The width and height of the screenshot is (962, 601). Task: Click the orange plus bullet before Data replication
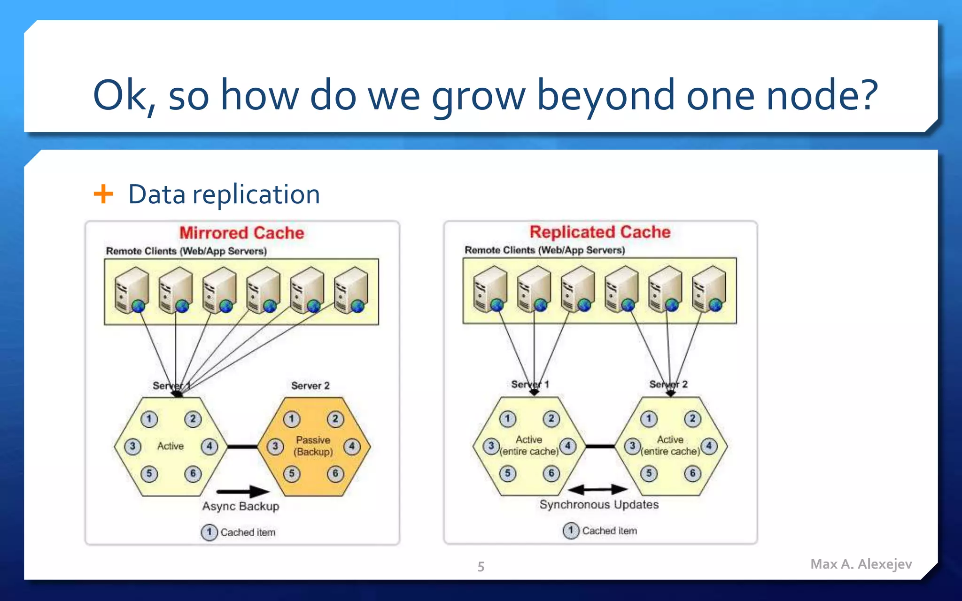[103, 194]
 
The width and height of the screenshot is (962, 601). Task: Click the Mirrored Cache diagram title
[241, 233]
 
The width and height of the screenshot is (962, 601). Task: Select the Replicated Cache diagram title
[600, 232]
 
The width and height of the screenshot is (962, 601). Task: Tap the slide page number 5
[481, 566]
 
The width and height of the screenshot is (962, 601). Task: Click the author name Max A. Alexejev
[861, 564]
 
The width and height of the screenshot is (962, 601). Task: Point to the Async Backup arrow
[243, 492]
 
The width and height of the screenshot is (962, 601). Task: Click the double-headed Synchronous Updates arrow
[598, 490]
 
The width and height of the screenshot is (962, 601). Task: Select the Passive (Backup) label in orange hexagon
[313, 446]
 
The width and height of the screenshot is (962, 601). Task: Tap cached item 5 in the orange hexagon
[292, 473]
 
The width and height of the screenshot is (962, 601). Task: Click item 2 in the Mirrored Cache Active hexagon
[193, 419]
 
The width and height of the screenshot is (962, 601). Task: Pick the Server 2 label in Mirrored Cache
[310, 385]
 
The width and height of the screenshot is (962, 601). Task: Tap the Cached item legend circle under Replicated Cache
[571, 531]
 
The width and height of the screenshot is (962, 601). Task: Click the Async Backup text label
[240, 506]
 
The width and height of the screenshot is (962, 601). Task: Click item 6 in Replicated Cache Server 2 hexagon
[692, 473]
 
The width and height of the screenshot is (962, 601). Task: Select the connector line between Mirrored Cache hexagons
[242, 447]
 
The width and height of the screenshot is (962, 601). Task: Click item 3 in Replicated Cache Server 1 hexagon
[491, 446]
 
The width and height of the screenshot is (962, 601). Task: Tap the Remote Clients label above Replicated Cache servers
[544, 250]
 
